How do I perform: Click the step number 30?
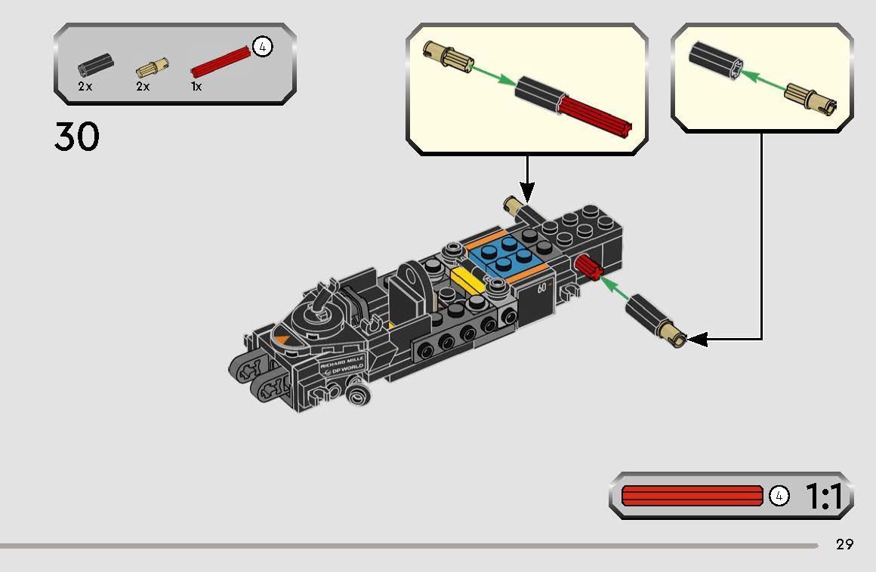point(76,137)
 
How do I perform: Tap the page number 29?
point(844,544)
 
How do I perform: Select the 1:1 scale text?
point(823,497)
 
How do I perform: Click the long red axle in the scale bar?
point(692,496)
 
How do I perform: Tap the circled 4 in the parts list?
point(262,47)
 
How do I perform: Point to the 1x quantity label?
point(196,87)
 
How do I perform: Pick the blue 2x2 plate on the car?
point(506,256)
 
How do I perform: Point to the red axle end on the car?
point(586,266)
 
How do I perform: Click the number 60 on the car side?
point(541,288)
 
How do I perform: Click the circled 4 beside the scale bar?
point(779,496)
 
